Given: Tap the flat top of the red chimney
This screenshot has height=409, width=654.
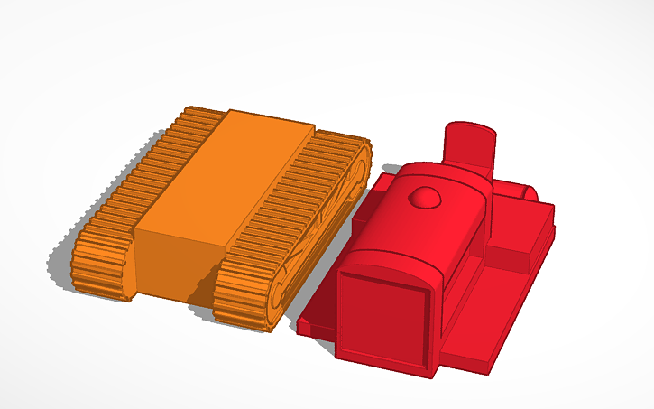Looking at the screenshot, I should tap(470, 130).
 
